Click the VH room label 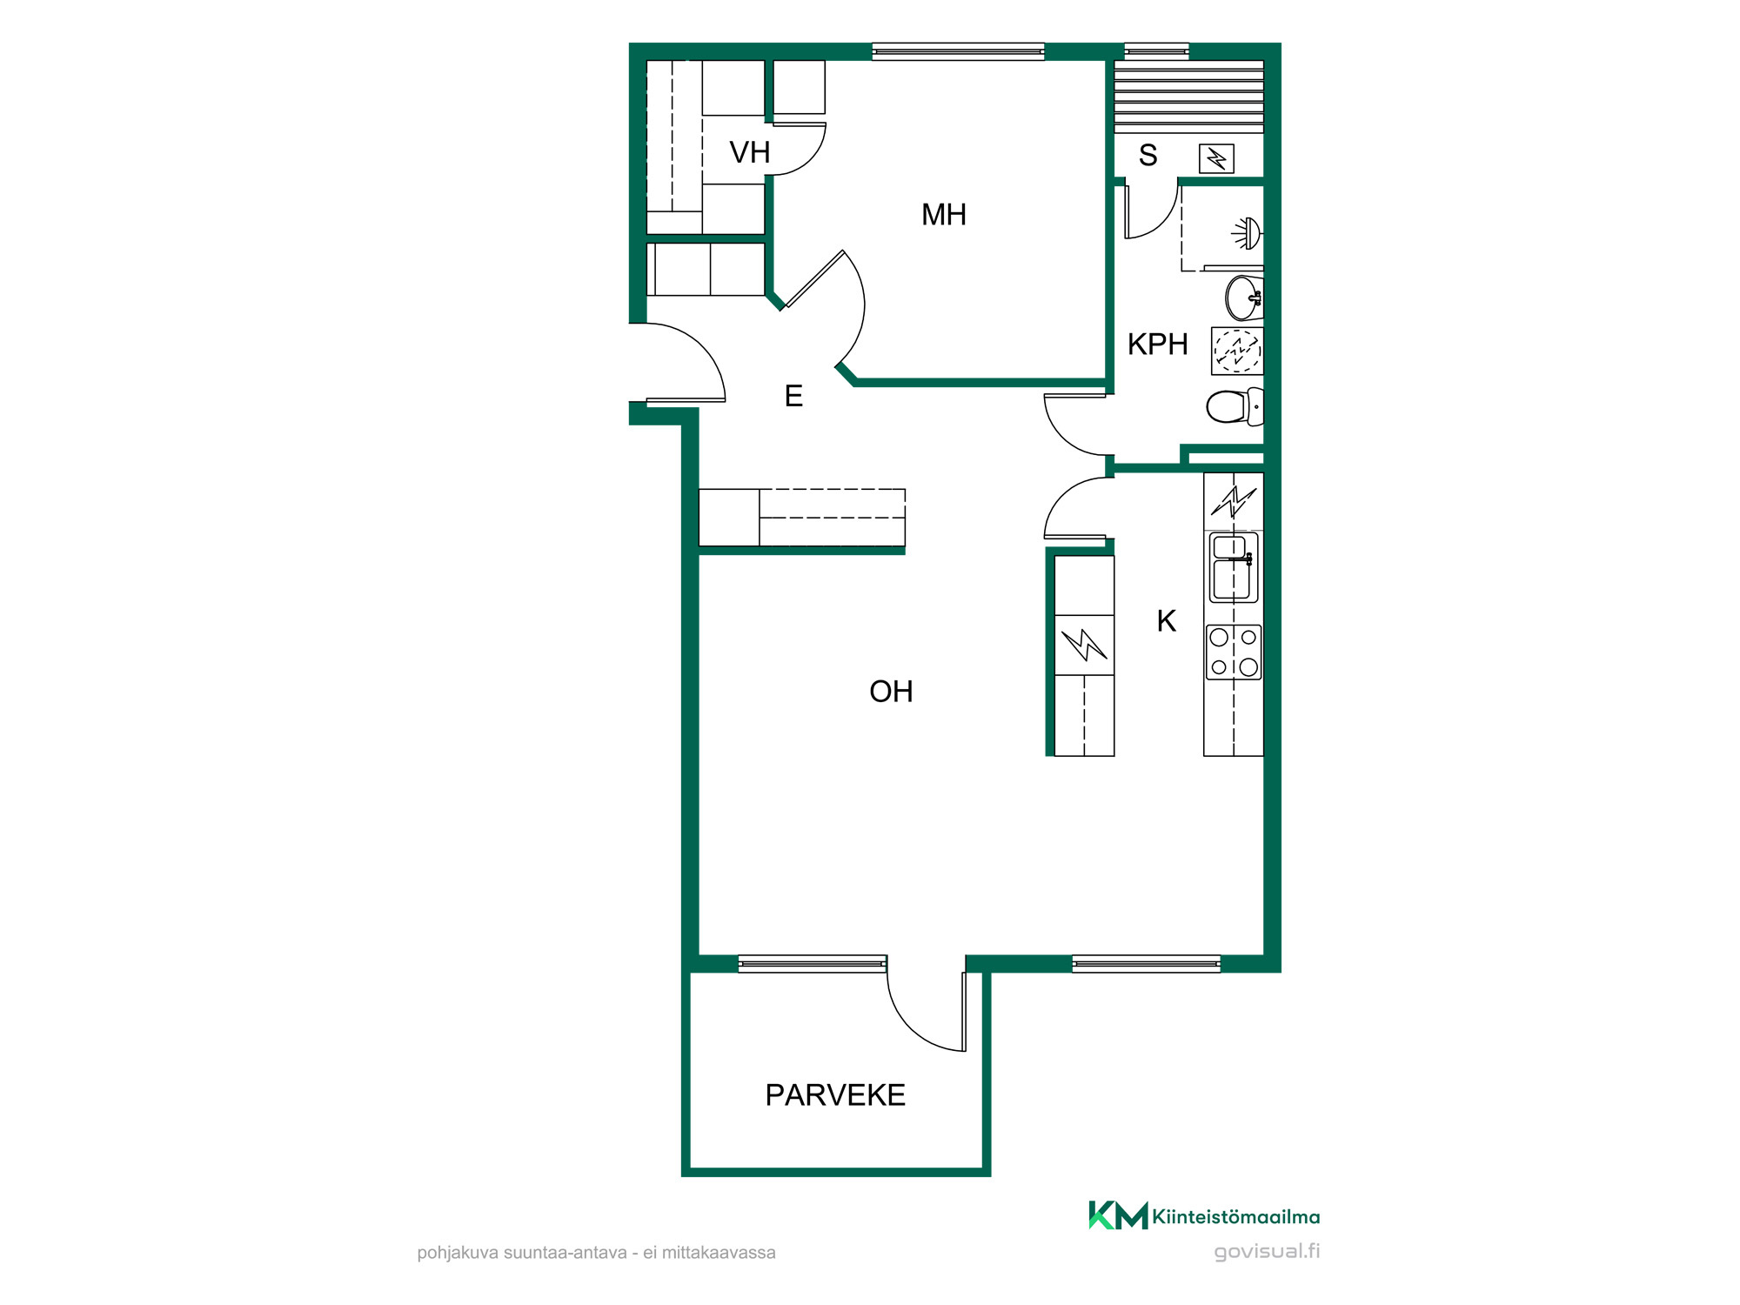(749, 153)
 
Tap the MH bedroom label (944, 215)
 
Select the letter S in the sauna (1148, 156)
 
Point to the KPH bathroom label (1157, 345)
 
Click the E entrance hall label (793, 397)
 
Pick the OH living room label (891, 692)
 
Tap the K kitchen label (1166, 621)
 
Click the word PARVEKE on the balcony (835, 1095)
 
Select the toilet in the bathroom (1235, 406)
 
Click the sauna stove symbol (1216, 159)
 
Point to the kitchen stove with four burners (1234, 652)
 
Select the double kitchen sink (1233, 568)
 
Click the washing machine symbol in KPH (1236, 351)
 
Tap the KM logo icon (1118, 1215)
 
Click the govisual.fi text (1267, 1252)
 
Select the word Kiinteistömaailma (1236, 1216)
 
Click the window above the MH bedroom (958, 51)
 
